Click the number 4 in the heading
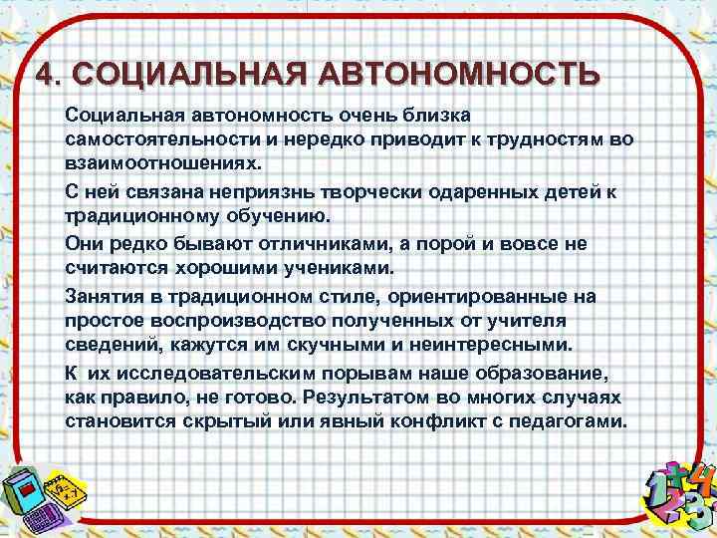tap(44, 76)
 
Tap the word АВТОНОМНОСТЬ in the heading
tap(459, 76)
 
